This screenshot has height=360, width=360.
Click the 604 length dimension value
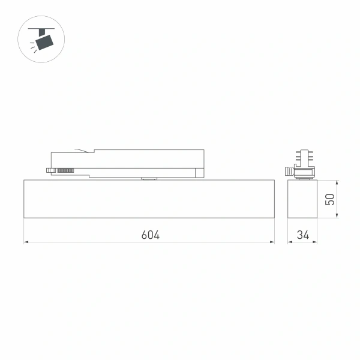point(151,235)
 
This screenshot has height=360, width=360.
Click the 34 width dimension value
point(302,235)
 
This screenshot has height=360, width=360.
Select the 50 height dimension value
point(329,199)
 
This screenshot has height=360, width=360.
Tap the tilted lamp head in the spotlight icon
point(43,41)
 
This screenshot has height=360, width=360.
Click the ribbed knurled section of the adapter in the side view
point(65,171)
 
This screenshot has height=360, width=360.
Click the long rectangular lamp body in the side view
point(149,199)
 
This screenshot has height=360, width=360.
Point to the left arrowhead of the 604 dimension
point(26,242)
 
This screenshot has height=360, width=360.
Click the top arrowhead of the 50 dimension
point(336,181)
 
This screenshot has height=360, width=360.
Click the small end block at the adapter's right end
point(199,173)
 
